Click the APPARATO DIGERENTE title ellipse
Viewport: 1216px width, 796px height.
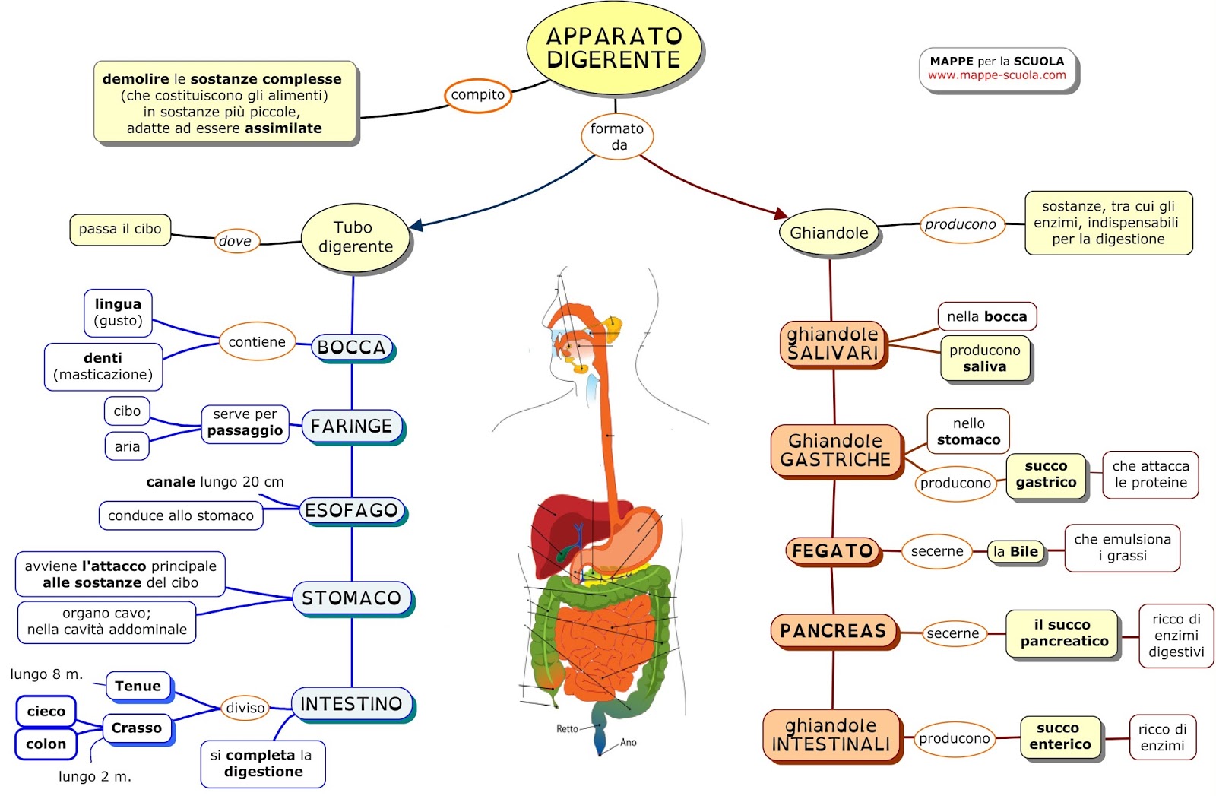pyautogui.click(x=613, y=48)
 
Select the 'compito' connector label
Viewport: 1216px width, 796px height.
pyautogui.click(x=477, y=95)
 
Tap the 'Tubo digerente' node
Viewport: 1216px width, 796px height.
pyautogui.click(x=355, y=237)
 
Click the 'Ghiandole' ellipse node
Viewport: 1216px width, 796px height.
pyautogui.click(x=828, y=233)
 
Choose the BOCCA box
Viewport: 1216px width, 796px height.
pyautogui.click(x=352, y=347)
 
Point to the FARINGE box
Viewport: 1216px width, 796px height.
pyautogui.click(x=352, y=427)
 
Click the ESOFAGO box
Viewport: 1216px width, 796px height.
pyautogui.click(x=352, y=510)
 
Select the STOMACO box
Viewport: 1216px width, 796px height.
pyautogui.click(x=352, y=598)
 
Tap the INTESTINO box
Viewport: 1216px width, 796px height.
pyautogui.click(x=352, y=704)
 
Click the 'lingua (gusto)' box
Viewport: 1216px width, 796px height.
pyautogui.click(x=118, y=312)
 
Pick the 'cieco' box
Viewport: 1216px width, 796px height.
pyautogui.click(x=46, y=712)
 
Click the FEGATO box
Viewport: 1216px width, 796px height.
pyautogui.click(x=832, y=551)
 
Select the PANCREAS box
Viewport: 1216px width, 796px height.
pyautogui.click(x=833, y=631)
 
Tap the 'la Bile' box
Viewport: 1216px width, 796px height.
pyautogui.click(x=1015, y=552)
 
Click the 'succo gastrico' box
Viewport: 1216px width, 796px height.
pyautogui.click(x=1046, y=474)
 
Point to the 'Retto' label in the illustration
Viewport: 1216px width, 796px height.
pyautogui.click(x=567, y=728)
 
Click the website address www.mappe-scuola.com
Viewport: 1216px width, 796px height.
pyautogui.click(x=996, y=75)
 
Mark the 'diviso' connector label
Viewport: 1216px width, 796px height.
pyautogui.click(x=245, y=708)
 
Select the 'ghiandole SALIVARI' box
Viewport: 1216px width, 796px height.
pyautogui.click(x=833, y=344)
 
